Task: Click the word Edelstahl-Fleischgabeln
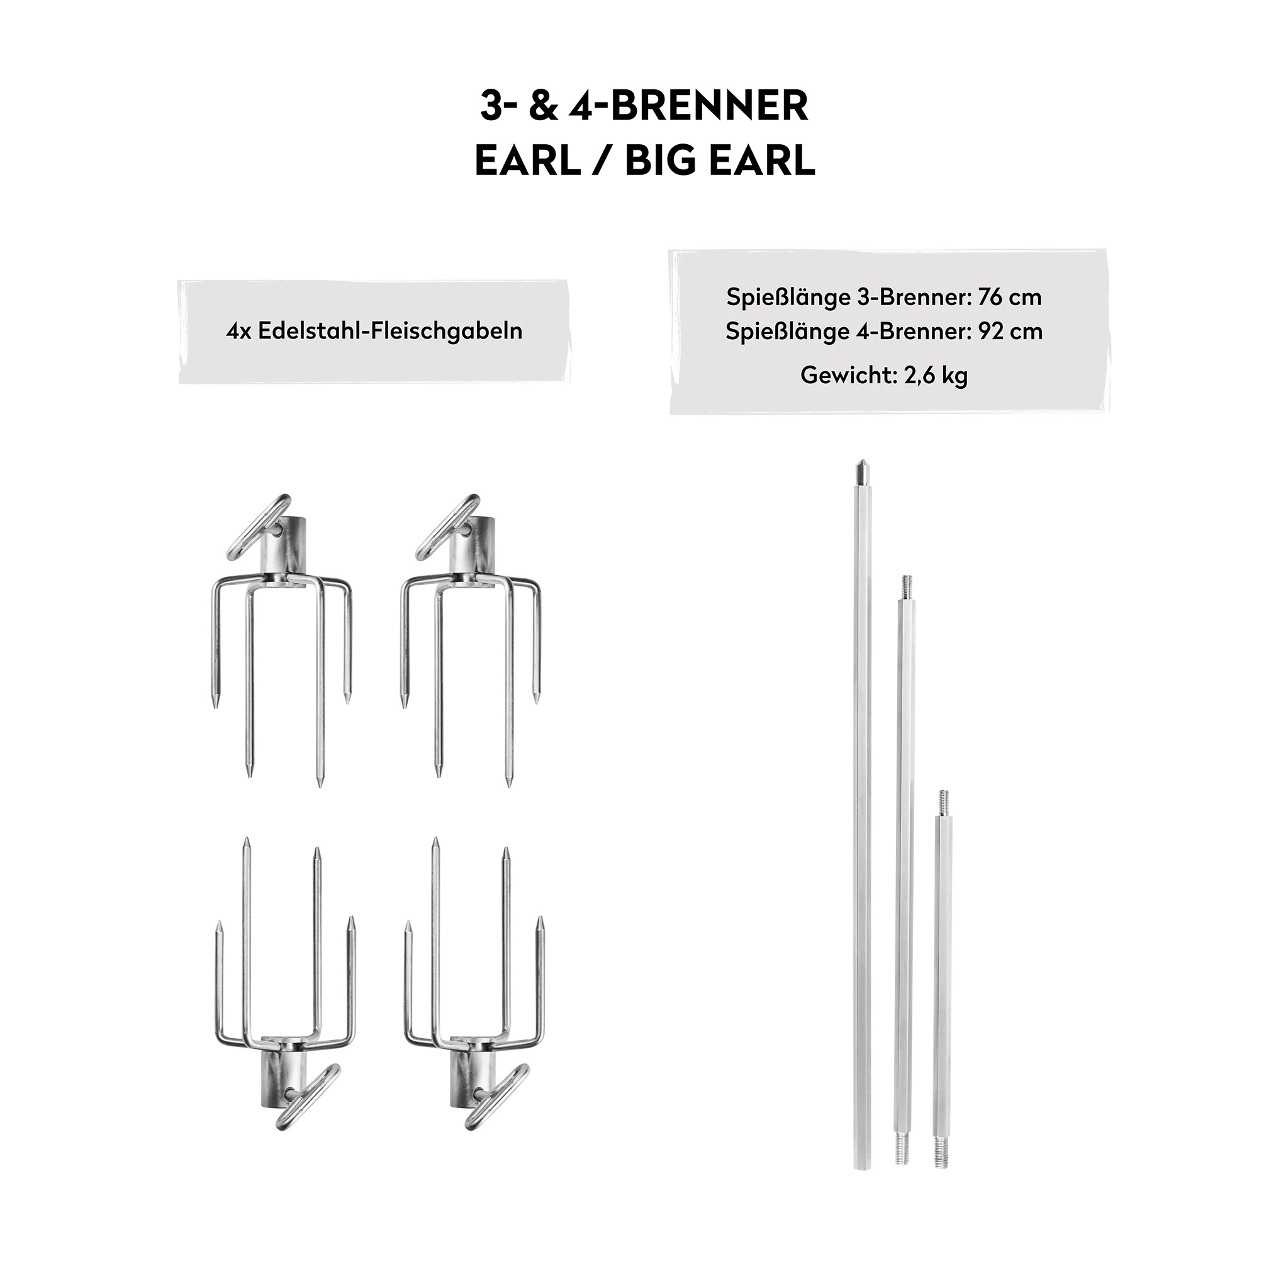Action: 390,332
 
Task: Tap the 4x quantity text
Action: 238,332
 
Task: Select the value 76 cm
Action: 1010,298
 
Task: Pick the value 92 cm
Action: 1011,332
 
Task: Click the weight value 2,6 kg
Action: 936,376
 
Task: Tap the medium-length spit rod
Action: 904,866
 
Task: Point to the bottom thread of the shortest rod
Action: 942,1162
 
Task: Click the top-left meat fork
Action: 280,640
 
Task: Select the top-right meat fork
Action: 470,640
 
